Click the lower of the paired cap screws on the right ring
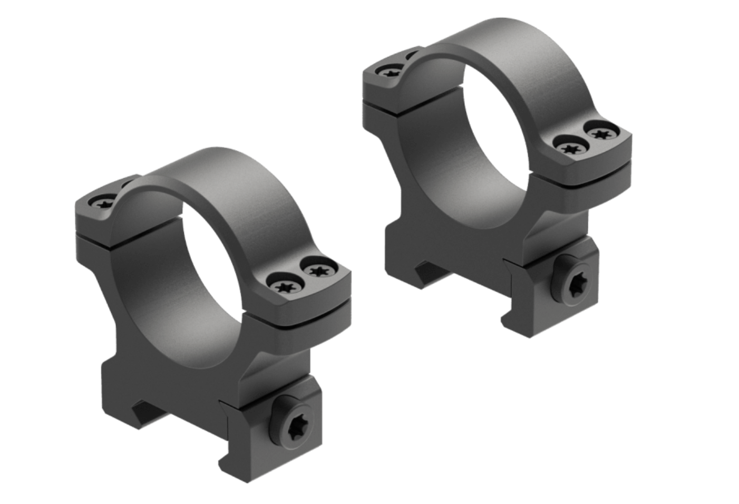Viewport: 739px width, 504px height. [x=571, y=148]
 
